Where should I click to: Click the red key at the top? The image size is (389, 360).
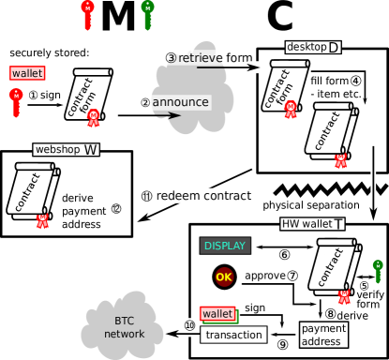pyautogui.click(x=87, y=14)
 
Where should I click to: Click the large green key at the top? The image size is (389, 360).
pyautogui.click(x=148, y=14)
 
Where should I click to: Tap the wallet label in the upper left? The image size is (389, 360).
pyautogui.click(x=27, y=73)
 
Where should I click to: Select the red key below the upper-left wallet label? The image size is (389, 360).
pyautogui.click(x=17, y=101)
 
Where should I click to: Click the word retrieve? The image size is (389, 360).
pyautogui.click(x=201, y=58)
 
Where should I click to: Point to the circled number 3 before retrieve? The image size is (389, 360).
pyautogui.click(x=171, y=58)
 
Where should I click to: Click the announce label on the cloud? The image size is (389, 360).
pyautogui.click(x=179, y=101)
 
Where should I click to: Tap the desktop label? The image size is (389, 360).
pyautogui.click(x=306, y=47)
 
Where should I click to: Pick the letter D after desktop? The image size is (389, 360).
pyautogui.click(x=334, y=48)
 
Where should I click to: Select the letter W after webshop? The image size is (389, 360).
pyautogui.click(x=91, y=150)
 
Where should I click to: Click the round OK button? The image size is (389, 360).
pyautogui.click(x=224, y=277)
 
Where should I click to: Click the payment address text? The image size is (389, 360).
pyautogui.click(x=323, y=335)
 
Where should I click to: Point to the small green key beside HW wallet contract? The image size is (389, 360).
pyautogui.click(x=377, y=271)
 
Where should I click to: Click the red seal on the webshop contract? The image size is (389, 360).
pyautogui.click(x=42, y=220)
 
